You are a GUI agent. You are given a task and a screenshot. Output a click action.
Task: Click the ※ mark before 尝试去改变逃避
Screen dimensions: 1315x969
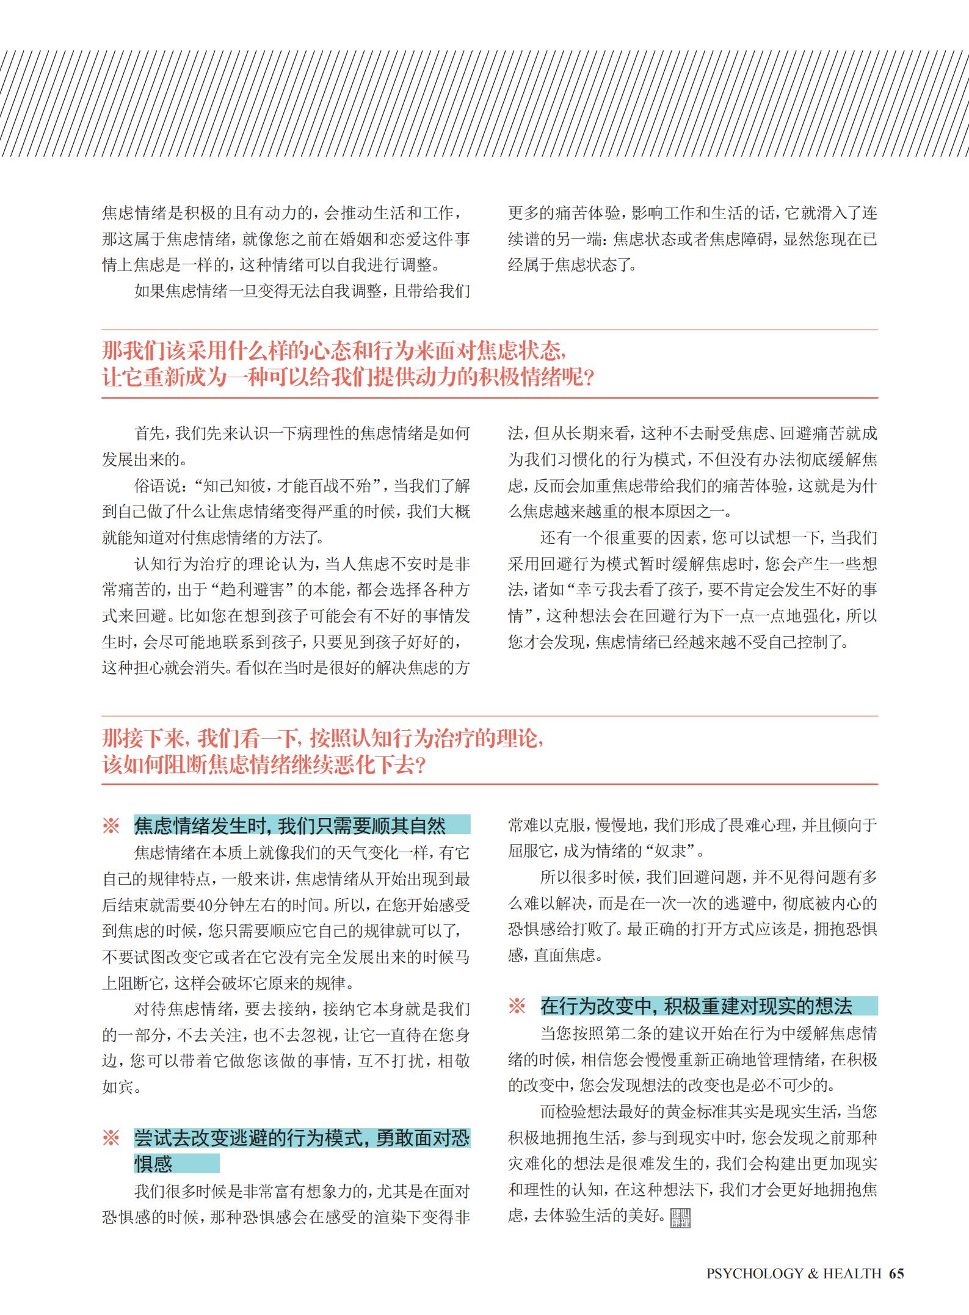[x=111, y=1138]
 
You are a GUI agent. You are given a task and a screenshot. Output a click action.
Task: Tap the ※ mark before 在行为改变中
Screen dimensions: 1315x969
[x=517, y=1005]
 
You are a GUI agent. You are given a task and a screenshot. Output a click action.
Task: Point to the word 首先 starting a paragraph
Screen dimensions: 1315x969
[x=148, y=434]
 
